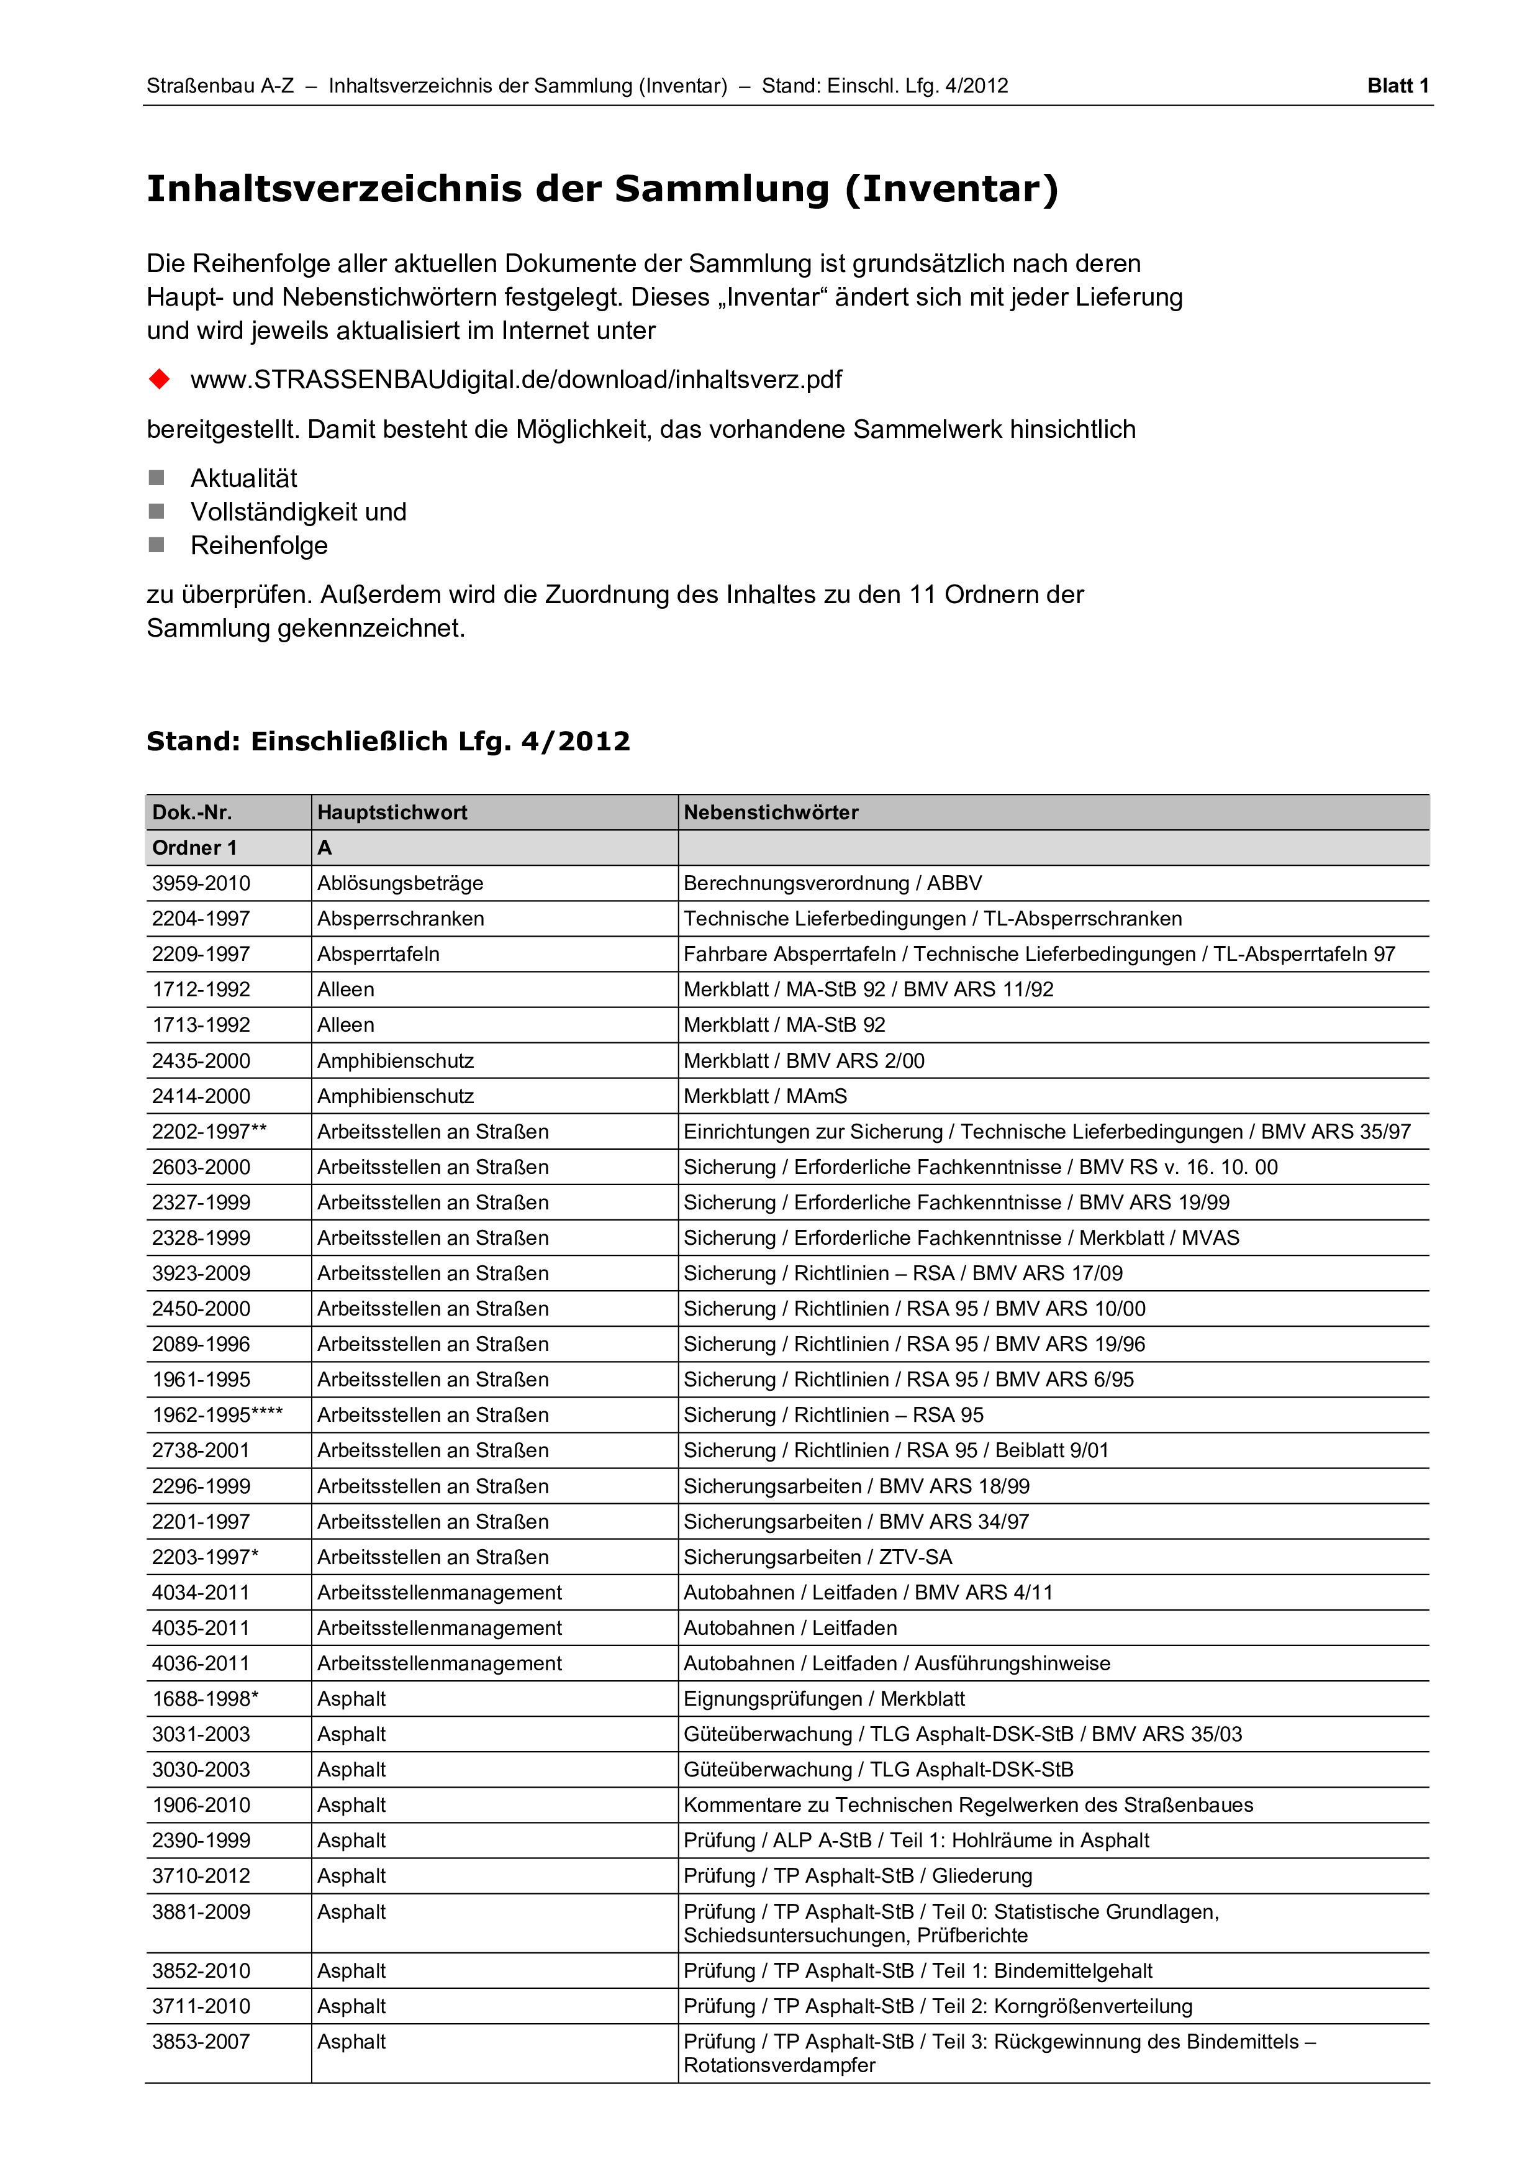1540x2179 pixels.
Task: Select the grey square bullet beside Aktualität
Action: (156, 478)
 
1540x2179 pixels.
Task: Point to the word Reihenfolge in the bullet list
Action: (259, 546)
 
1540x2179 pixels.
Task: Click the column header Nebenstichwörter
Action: (771, 812)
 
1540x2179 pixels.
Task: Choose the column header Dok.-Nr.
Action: (192, 812)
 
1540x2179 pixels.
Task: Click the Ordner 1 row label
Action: (194, 847)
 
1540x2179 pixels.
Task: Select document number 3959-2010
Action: (201, 883)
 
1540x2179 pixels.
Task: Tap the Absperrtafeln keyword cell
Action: (378, 954)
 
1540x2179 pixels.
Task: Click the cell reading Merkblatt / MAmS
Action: (765, 1096)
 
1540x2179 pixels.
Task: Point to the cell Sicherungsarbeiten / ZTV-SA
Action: (817, 1557)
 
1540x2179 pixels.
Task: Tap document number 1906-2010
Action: (201, 1805)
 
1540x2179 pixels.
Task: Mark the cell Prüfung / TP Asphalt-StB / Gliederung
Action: (857, 1876)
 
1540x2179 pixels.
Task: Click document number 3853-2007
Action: (201, 2042)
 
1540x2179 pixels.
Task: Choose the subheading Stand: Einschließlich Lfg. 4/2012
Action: (388, 741)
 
